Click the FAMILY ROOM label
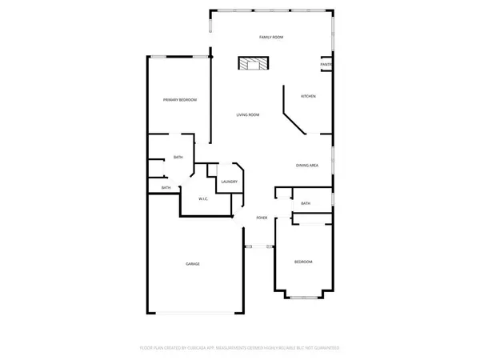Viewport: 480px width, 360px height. coord(271,38)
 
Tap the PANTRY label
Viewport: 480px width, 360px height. coord(326,65)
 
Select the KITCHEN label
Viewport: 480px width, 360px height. coord(308,96)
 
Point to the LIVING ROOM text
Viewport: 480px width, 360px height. coord(247,115)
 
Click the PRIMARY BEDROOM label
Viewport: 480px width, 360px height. coord(180,100)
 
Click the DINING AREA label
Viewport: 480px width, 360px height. coord(308,166)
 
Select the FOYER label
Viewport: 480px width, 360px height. coord(261,218)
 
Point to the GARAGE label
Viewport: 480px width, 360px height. coord(193,264)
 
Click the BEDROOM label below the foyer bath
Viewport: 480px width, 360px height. coord(302,262)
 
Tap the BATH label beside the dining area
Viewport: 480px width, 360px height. coord(306,204)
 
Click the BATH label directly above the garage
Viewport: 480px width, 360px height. coord(166,188)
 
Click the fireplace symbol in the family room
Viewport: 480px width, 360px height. coord(253,64)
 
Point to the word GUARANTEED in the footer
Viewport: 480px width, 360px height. coord(324,348)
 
